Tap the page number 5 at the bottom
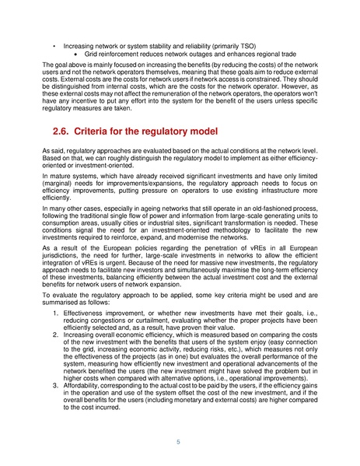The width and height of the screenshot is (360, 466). click(x=179, y=443)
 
